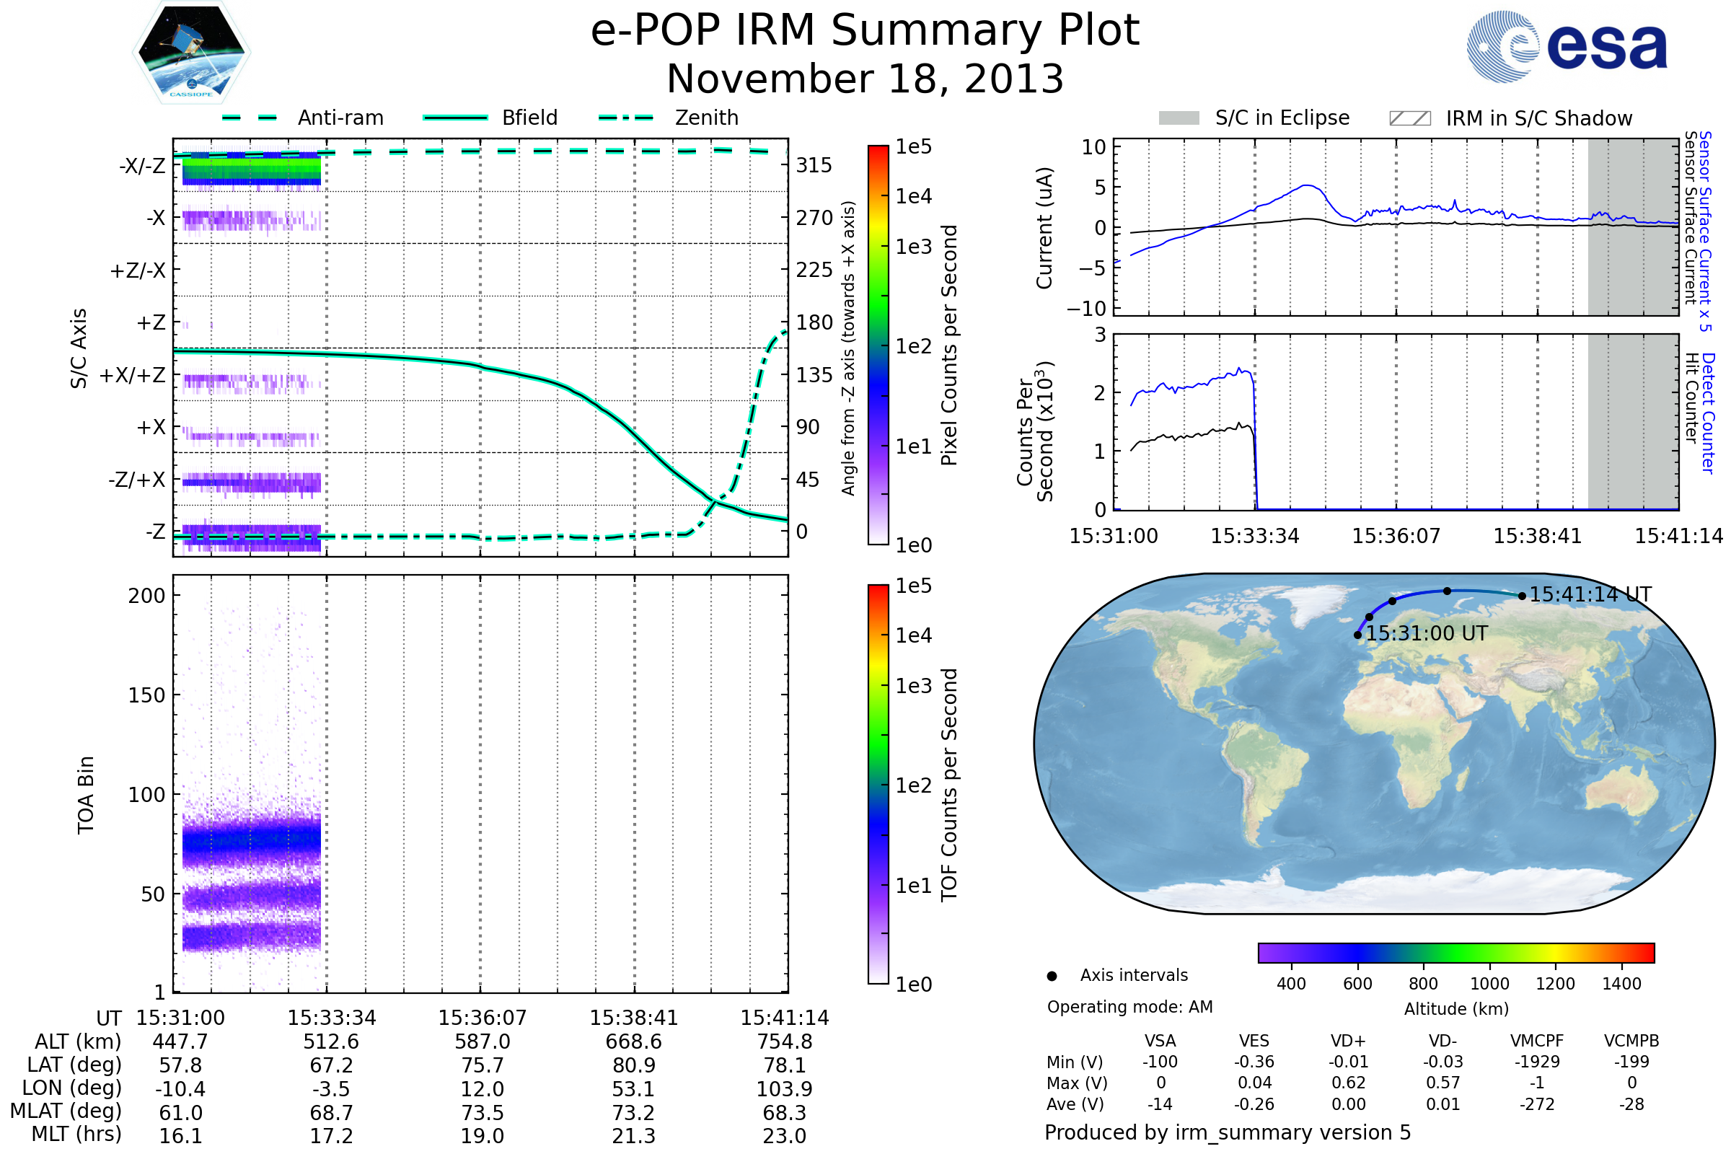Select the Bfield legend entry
pos(529,118)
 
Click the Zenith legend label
pos(707,118)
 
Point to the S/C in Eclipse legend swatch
pos(1179,118)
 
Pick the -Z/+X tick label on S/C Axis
pos(137,480)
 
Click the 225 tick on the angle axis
pos(814,270)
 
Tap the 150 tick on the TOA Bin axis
pos(146,695)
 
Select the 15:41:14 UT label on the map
pos(1590,594)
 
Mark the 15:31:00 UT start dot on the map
pos(1358,635)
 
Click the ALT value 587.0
pos(482,1042)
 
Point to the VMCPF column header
pos(1537,1041)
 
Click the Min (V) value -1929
pos(1537,1062)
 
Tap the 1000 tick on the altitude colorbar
pos(1489,984)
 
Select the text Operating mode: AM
pos(1129,1007)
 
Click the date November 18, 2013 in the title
pos(865,79)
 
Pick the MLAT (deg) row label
pos(66,1111)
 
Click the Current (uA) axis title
pos(1044,228)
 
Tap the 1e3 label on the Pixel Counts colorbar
pos(913,247)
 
